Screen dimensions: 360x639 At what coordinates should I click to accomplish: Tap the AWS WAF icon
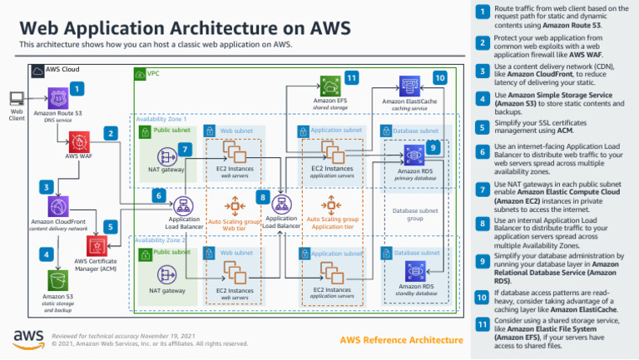click(x=78, y=139)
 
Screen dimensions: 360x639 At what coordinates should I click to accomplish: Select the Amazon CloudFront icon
click(x=57, y=207)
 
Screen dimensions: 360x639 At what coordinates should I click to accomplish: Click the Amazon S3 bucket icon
click(x=57, y=279)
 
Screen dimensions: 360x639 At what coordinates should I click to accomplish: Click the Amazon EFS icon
click(x=329, y=86)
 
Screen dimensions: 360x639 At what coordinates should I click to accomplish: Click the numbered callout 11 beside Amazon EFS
click(x=351, y=77)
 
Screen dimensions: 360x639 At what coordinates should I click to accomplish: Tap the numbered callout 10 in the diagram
click(x=439, y=77)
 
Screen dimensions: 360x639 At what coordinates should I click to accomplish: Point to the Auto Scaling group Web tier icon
click(x=234, y=205)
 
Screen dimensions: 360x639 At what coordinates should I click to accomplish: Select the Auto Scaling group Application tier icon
click(x=329, y=205)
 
